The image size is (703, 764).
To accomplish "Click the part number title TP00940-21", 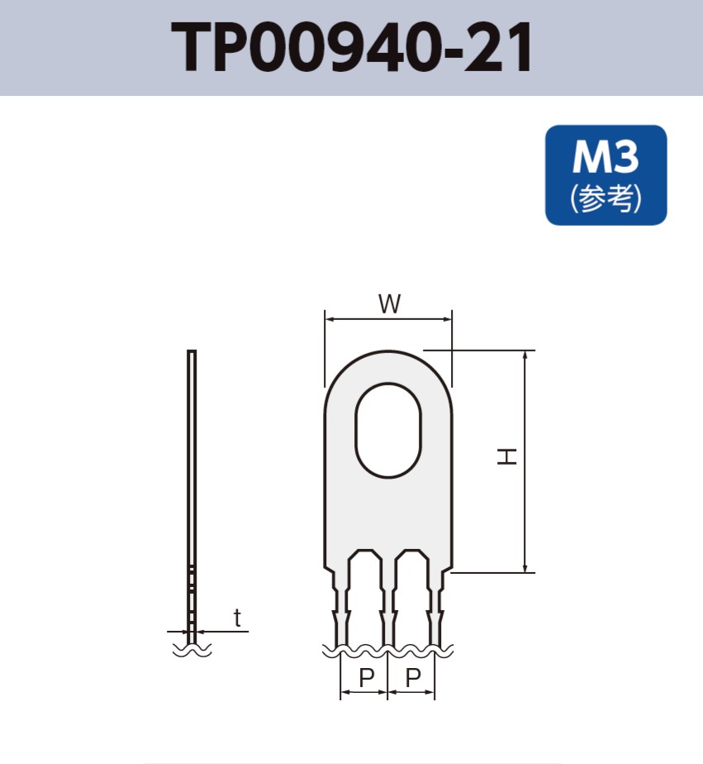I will [x=351, y=48].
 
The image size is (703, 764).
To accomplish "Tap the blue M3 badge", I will [x=606, y=174].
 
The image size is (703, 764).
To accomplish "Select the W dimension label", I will [x=389, y=304].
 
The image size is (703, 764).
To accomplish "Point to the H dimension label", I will [x=506, y=456].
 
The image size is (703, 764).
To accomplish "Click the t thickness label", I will [x=238, y=618].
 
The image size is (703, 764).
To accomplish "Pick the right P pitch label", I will [x=413, y=679].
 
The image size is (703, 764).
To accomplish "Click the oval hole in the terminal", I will [x=388, y=430].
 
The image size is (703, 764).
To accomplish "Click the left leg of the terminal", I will [x=340, y=604].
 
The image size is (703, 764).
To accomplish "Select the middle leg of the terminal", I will [x=388, y=604].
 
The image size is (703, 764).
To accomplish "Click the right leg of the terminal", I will [x=435, y=604].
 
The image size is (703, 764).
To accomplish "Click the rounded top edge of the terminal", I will [x=388, y=351].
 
